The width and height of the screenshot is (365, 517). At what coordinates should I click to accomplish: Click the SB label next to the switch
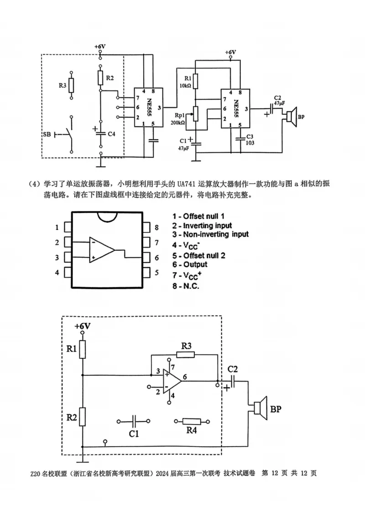[x=47, y=134]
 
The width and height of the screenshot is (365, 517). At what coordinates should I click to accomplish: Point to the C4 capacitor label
[x=111, y=133]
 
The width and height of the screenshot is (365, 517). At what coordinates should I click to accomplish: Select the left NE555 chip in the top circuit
[x=148, y=107]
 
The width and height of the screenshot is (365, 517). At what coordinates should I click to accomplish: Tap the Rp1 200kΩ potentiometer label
[x=178, y=119]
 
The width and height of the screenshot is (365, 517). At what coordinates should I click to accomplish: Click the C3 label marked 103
[x=250, y=139]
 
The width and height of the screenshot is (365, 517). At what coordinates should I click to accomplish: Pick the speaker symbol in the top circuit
[x=291, y=116]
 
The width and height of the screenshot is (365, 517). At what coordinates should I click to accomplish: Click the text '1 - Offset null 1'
[x=198, y=216]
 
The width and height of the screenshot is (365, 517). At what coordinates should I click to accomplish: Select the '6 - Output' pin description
[x=189, y=264]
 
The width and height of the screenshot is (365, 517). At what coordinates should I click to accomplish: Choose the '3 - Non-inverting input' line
[x=210, y=234]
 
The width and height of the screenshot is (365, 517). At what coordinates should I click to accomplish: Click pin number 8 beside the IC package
[x=156, y=227]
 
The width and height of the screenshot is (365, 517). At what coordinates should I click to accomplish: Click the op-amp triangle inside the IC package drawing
[x=102, y=250]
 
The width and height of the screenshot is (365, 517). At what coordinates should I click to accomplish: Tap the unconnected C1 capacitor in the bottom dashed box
[x=134, y=422]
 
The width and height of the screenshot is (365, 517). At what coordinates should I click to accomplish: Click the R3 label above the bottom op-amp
[x=186, y=345]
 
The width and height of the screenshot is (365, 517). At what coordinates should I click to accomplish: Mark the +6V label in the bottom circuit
[x=83, y=326]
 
